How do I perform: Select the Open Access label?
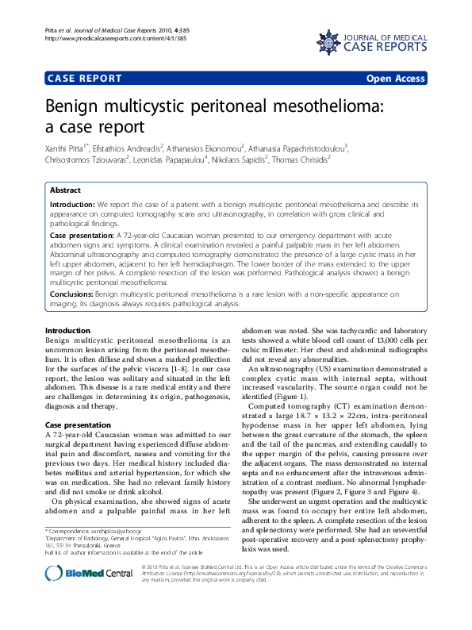396,79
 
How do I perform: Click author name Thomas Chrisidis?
301,159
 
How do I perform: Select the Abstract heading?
64,190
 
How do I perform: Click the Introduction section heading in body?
67,330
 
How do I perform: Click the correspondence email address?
107,529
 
